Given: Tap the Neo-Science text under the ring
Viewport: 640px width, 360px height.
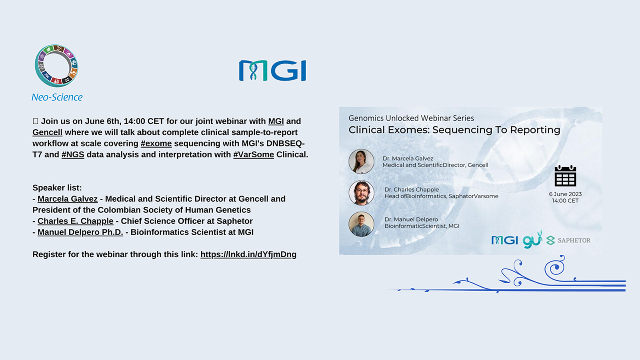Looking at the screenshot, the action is pyautogui.click(x=57, y=97).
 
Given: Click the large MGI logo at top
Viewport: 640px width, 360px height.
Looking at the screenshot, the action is pyautogui.click(x=272, y=70).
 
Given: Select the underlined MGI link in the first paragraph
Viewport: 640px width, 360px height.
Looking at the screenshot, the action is pyautogui.click(x=276, y=121).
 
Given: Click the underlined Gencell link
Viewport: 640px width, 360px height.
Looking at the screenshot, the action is pyautogui.click(x=48, y=132).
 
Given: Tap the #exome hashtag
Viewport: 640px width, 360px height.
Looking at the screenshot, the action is pyautogui.click(x=156, y=144).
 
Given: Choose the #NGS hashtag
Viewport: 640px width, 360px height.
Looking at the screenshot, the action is pyautogui.click(x=73, y=154).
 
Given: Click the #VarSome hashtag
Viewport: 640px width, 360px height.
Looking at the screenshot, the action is pyautogui.click(x=254, y=154).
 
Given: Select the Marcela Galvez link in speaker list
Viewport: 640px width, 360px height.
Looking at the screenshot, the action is pyautogui.click(x=68, y=199).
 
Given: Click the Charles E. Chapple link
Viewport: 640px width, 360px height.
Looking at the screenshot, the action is pyautogui.click(x=76, y=221).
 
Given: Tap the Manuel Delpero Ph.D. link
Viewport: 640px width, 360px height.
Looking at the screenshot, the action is pyautogui.click(x=80, y=232).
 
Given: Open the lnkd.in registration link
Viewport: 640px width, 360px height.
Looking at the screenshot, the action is pyautogui.click(x=248, y=254).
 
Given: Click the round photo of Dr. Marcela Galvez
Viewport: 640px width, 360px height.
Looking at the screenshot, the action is pyautogui.click(x=362, y=162).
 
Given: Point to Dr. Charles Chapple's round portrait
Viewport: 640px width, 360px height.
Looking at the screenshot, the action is pyautogui.click(x=362, y=193).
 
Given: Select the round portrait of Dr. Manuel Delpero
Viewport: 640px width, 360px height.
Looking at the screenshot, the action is pyautogui.click(x=362, y=224).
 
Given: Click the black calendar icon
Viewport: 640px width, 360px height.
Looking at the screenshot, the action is pyautogui.click(x=566, y=176).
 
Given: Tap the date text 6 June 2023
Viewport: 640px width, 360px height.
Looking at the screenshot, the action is pyautogui.click(x=566, y=194).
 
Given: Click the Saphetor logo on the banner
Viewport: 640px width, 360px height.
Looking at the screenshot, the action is pyautogui.click(x=568, y=240).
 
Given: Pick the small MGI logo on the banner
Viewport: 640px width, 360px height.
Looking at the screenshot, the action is pyautogui.click(x=504, y=240).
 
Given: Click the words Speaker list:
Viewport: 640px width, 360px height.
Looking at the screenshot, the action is pyautogui.click(x=57, y=188).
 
